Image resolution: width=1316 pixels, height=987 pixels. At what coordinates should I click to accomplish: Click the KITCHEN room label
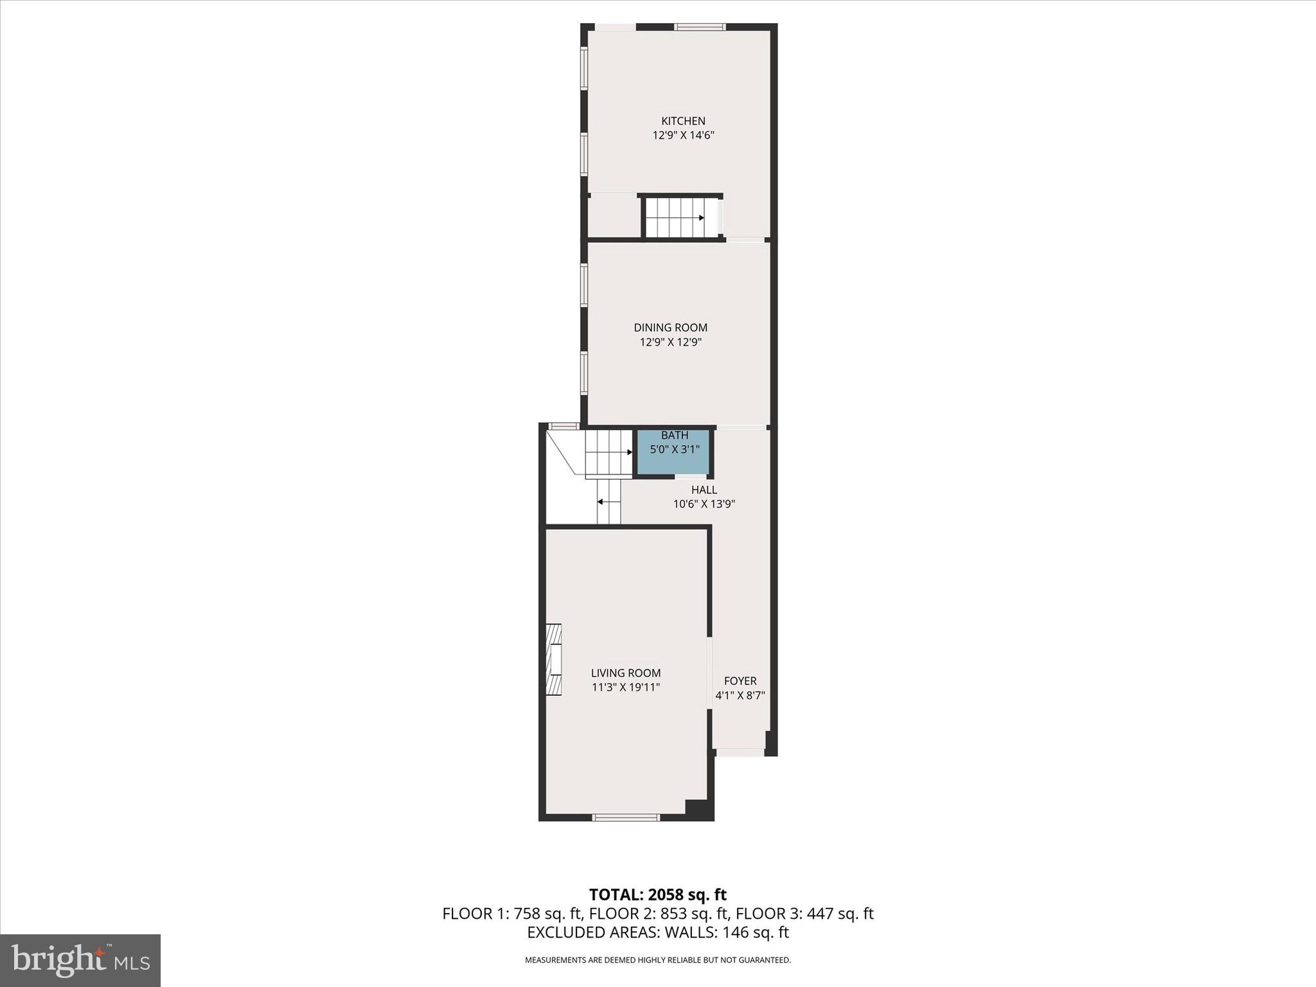[683, 121]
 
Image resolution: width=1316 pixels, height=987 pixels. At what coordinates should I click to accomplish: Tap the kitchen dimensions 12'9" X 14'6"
[683, 136]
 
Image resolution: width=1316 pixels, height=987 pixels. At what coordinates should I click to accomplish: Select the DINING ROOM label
[670, 328]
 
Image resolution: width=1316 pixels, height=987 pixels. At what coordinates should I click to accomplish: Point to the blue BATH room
[674, 452]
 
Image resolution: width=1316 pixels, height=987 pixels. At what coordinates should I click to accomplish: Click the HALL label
[704, 490]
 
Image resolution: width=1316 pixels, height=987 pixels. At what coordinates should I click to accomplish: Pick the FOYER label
[740, 680]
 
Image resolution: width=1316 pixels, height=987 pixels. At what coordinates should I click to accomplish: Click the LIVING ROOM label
[625, 673]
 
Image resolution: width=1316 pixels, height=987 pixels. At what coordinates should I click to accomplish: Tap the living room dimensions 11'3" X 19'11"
[625, 688]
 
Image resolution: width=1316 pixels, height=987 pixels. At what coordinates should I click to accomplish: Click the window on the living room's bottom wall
[625, 817]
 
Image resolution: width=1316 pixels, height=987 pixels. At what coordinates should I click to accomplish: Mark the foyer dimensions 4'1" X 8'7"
[740, 695]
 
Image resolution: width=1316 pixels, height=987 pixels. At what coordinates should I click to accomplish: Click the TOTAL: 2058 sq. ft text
[657, 894]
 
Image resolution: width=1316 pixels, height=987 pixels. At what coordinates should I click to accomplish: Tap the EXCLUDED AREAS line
[657, 932]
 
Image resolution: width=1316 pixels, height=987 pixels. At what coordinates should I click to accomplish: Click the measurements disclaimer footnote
[657, 960]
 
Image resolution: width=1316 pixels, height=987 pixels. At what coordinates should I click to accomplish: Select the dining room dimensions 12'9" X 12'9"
[670, 342]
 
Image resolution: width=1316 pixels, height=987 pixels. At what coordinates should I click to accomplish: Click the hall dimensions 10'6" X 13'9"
[704, 504]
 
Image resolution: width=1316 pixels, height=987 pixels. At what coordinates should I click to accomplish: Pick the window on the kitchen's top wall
[700, 27]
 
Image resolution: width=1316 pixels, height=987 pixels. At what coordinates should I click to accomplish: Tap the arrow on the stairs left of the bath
[629, 452]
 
